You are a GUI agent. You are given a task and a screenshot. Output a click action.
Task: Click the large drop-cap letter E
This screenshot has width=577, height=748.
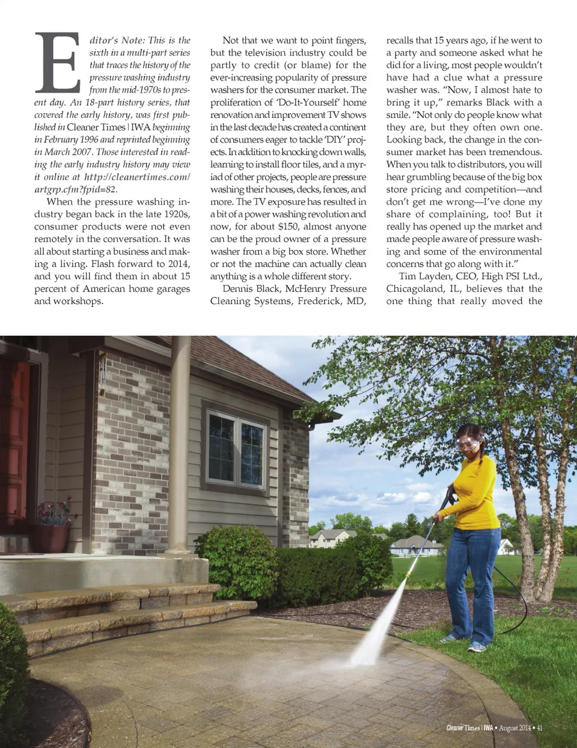[58, 62]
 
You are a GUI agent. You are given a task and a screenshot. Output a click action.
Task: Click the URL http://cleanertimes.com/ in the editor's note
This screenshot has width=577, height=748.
[137, 177]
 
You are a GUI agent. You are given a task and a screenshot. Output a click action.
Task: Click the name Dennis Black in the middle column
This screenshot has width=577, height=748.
[251, 288]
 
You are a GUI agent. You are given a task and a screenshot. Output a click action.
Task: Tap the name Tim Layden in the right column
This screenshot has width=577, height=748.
[420, 276]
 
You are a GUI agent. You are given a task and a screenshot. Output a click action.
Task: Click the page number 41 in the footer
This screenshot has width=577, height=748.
[539, 728]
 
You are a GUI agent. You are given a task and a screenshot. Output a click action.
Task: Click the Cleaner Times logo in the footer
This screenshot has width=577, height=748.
[469, 728]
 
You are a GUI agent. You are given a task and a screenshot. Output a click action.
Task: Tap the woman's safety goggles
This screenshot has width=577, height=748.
[468, 445]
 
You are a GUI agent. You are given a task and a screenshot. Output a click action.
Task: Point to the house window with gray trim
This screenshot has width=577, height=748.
[236, 449]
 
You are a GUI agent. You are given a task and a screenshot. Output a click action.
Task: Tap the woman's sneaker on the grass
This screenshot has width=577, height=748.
[477, 647]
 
